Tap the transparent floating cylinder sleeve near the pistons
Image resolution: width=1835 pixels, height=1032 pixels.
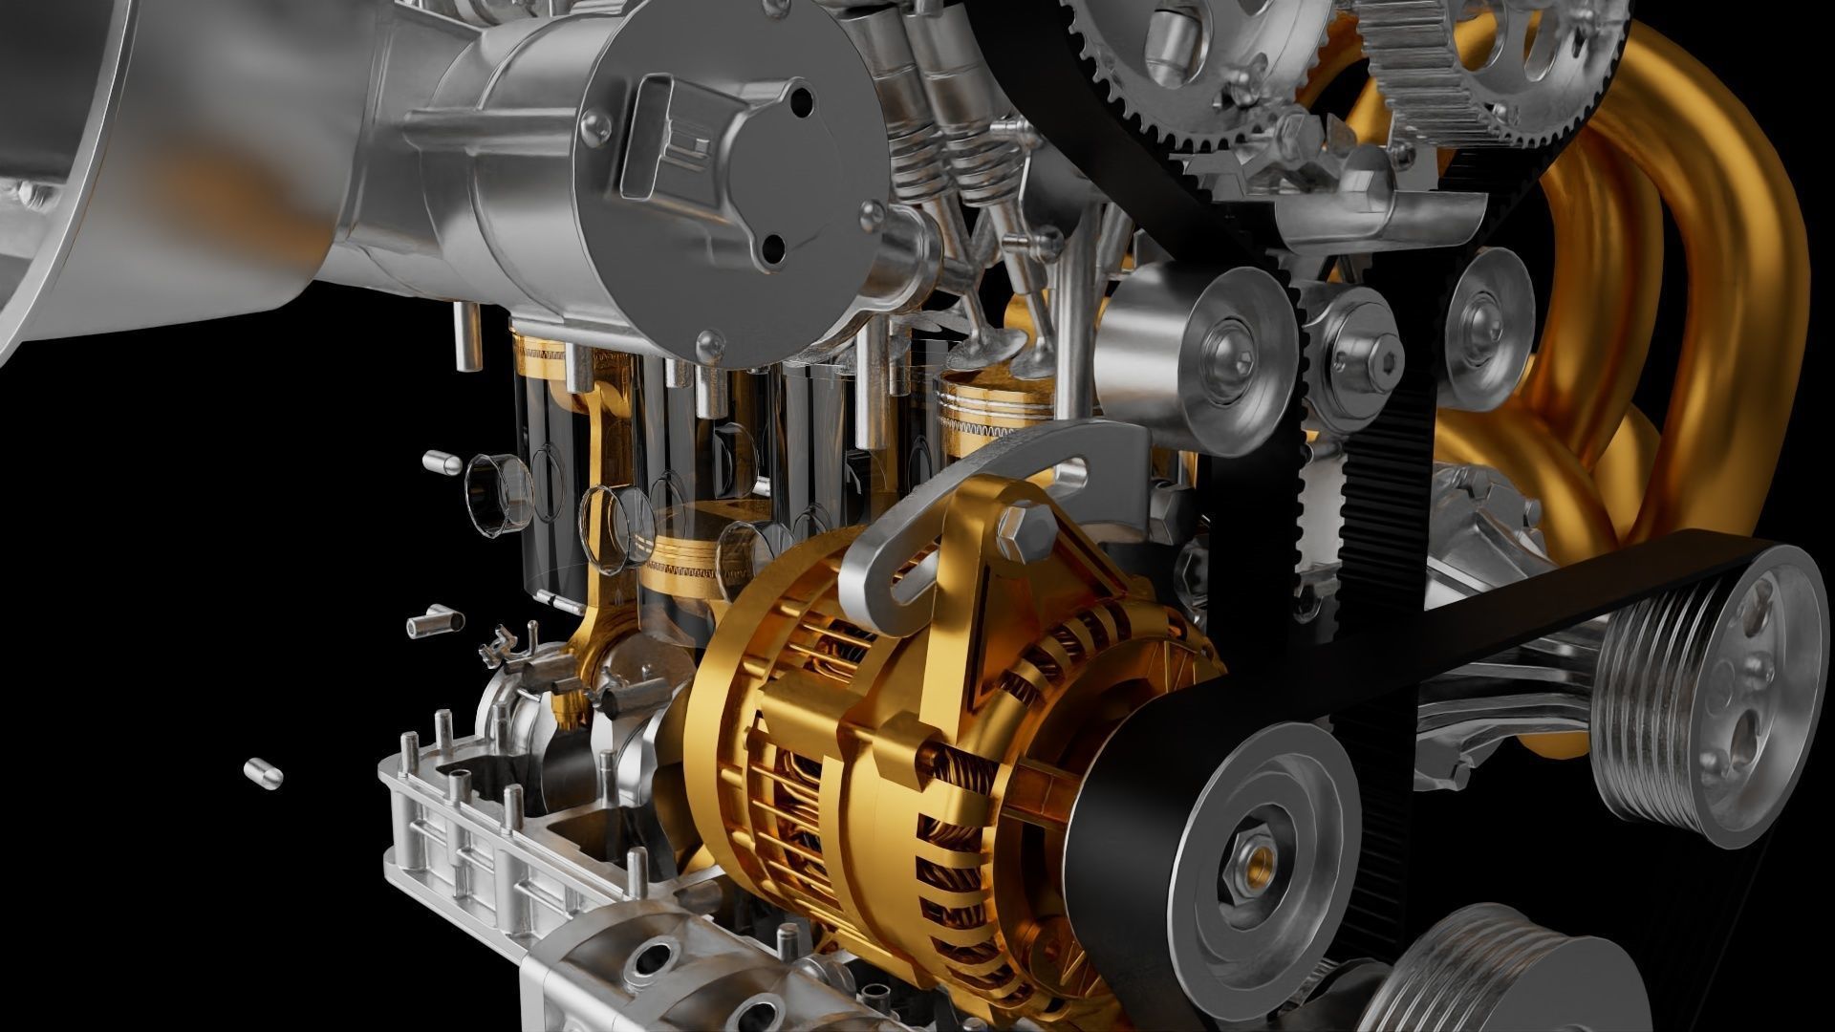(497, 491)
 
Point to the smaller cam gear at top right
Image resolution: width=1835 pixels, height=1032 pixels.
(1491, 67)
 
